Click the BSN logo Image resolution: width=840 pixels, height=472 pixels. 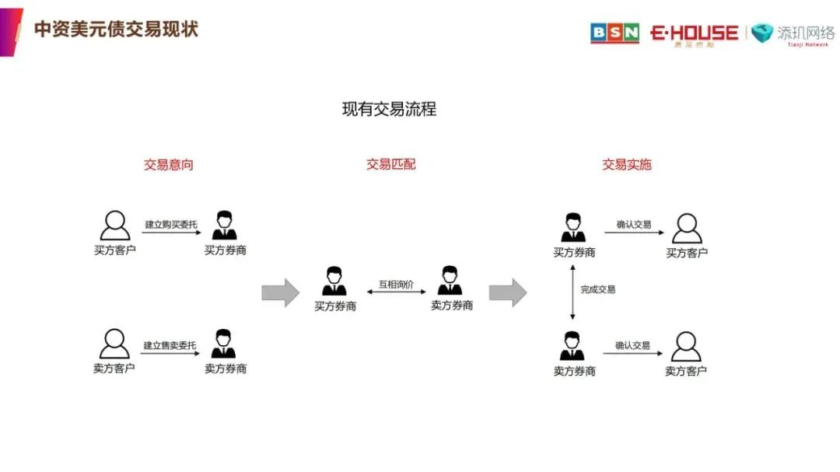614,33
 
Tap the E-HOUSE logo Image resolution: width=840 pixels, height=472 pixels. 694,33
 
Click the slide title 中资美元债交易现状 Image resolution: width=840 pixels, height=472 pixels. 116,30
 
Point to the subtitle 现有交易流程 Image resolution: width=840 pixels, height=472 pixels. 389,110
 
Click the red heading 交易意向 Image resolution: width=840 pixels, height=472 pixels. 168,165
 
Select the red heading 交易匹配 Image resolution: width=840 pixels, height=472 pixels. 390,165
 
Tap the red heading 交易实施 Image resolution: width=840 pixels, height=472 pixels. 626,165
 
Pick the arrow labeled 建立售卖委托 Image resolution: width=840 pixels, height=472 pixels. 170,353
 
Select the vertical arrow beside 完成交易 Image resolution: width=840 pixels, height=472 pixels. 573,292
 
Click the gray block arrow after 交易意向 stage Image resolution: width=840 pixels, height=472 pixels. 280,292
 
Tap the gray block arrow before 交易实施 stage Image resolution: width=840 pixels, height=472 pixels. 507,292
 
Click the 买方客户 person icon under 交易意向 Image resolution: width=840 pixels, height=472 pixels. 115,226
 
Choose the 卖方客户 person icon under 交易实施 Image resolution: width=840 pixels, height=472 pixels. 686,347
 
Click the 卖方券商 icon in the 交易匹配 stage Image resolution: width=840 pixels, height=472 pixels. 450,281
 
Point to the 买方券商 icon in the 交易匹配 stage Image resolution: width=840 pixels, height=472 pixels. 334,281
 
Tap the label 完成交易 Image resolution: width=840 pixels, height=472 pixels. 598,289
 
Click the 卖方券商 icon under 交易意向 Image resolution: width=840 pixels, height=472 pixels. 224,344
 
